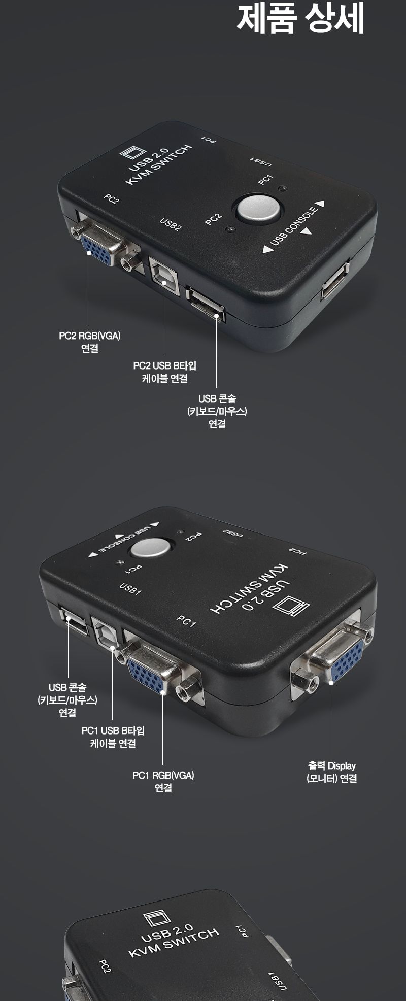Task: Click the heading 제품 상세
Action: click(x=300, y=19)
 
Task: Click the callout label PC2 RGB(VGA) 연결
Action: click(x=89, y=342)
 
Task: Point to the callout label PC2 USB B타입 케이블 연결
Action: click(x=164, y=372)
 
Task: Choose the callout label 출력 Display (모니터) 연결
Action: click(x=332, y=772)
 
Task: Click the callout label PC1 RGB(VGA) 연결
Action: click(x=163, y=781)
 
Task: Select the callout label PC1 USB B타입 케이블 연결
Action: click(x=113, y=737)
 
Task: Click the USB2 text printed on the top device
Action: click(x=171, y=224)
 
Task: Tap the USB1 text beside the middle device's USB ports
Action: click(x=130, y=588)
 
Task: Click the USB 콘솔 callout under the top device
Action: click(x=217, y=411)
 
